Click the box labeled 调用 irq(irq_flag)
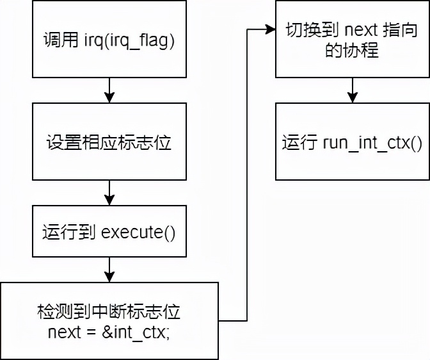(x=109, y=40)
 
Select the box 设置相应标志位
(x=109, y=142)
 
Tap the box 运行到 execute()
(x=109, y=231)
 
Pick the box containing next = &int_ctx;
(x=109, y=320)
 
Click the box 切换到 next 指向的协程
(x=351, y=40)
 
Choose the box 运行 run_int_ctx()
(x=351, y=142)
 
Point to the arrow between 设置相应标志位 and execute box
(x=109, y=192)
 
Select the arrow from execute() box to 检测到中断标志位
(x=109, y=269)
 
